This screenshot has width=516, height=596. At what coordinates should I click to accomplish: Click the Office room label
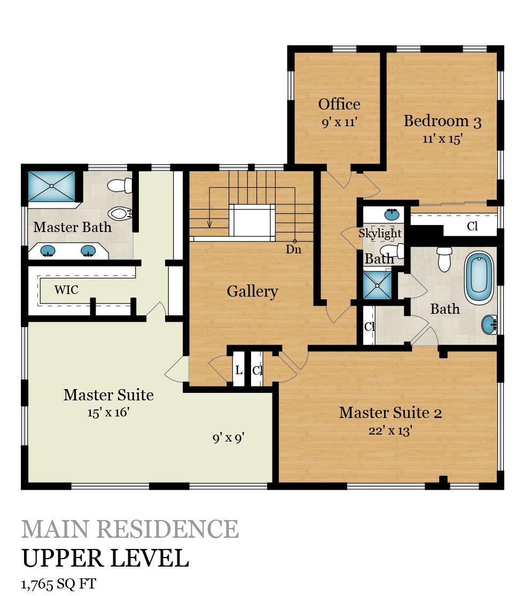tap(339, 104)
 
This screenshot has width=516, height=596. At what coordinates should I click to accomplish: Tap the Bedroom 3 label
tap(442, 121)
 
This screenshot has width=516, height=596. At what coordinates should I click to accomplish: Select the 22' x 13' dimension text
tap(390, 431)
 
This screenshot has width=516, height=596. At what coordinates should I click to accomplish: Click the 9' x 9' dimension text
tap(228, 438)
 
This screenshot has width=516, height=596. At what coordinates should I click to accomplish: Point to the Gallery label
tap(252, 291)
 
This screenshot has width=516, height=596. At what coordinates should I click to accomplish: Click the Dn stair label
tap(293, 249)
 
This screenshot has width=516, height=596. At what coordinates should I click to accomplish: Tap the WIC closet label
tap(66, 290)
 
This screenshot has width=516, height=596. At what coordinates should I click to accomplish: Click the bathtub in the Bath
tap(479, 278)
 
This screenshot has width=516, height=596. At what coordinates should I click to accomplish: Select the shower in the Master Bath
tap(52, 186)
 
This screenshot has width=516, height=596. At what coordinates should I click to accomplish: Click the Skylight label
tap(380, 233)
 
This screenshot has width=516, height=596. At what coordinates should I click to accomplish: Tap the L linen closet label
tap(239, 370)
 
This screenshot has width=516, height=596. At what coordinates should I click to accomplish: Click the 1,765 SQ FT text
tap(59, 584)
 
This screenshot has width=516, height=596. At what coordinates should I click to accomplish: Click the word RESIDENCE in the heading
tap(168, 529)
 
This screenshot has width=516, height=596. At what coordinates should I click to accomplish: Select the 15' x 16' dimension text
tap(108, 413)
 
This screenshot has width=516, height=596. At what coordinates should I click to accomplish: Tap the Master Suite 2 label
tap(390, 413)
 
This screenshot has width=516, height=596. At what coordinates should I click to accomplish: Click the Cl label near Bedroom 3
tap(472, 226)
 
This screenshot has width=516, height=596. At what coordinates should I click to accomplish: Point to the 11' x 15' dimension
tap(442, 139)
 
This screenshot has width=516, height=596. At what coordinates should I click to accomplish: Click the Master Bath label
tap(72, 227)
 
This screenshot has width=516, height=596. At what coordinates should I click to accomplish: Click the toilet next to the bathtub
tap(444, 259)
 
